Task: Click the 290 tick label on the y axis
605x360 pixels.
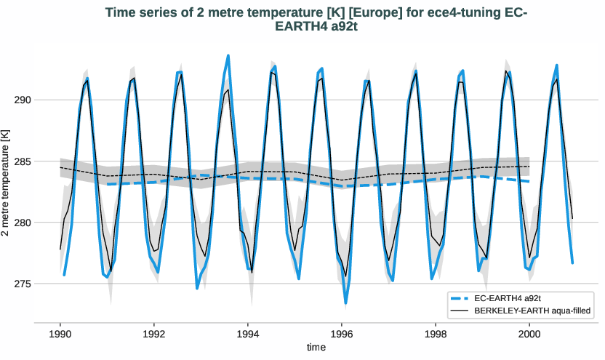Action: (25, 100)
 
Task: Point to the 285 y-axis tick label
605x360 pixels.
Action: (25, 161)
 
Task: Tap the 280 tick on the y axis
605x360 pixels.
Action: (25, 222)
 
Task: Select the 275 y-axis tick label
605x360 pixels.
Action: (25, 283)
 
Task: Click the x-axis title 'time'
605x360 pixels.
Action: (316, 348)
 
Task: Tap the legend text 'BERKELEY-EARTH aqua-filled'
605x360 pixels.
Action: (531, 311)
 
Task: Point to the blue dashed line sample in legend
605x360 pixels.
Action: (462, 299)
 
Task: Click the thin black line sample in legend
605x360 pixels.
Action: (462, 311)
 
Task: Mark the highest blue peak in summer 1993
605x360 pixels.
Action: (228, 55)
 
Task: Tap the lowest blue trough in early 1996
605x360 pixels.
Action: (346, 303)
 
